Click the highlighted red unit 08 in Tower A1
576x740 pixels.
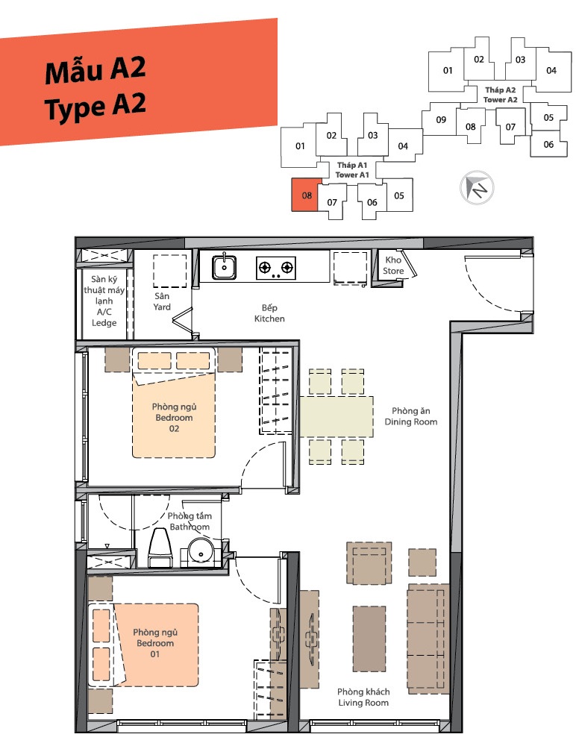(x=307, y=195)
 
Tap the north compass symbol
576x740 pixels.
(x=477, y=187)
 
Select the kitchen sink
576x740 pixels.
(x=225, y=266)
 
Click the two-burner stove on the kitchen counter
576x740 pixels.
(x=276, y=268)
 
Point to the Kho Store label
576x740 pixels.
(x=393, y=266)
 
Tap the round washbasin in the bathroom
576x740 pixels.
(x=201, y=552)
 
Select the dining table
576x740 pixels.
(x=336, y=416)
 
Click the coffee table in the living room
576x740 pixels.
(x=369, y=639)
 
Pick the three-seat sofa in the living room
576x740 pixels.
(x=428, y=639)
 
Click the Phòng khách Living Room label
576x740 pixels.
(x=363, y=697)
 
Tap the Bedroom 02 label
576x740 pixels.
(x=174, y=417)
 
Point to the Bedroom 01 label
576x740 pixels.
(x=155, y=643)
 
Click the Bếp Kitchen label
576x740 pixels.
(x=269, y=313)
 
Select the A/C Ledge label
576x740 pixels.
(x=104, y=301)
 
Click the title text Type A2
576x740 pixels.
(x=96, y=107)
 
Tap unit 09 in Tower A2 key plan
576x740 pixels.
(x=441, y=119)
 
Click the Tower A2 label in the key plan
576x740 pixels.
(x=501, y=95)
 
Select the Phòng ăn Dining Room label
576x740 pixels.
(x=411, y=416)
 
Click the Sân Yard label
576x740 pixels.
(x=162, y=301)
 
